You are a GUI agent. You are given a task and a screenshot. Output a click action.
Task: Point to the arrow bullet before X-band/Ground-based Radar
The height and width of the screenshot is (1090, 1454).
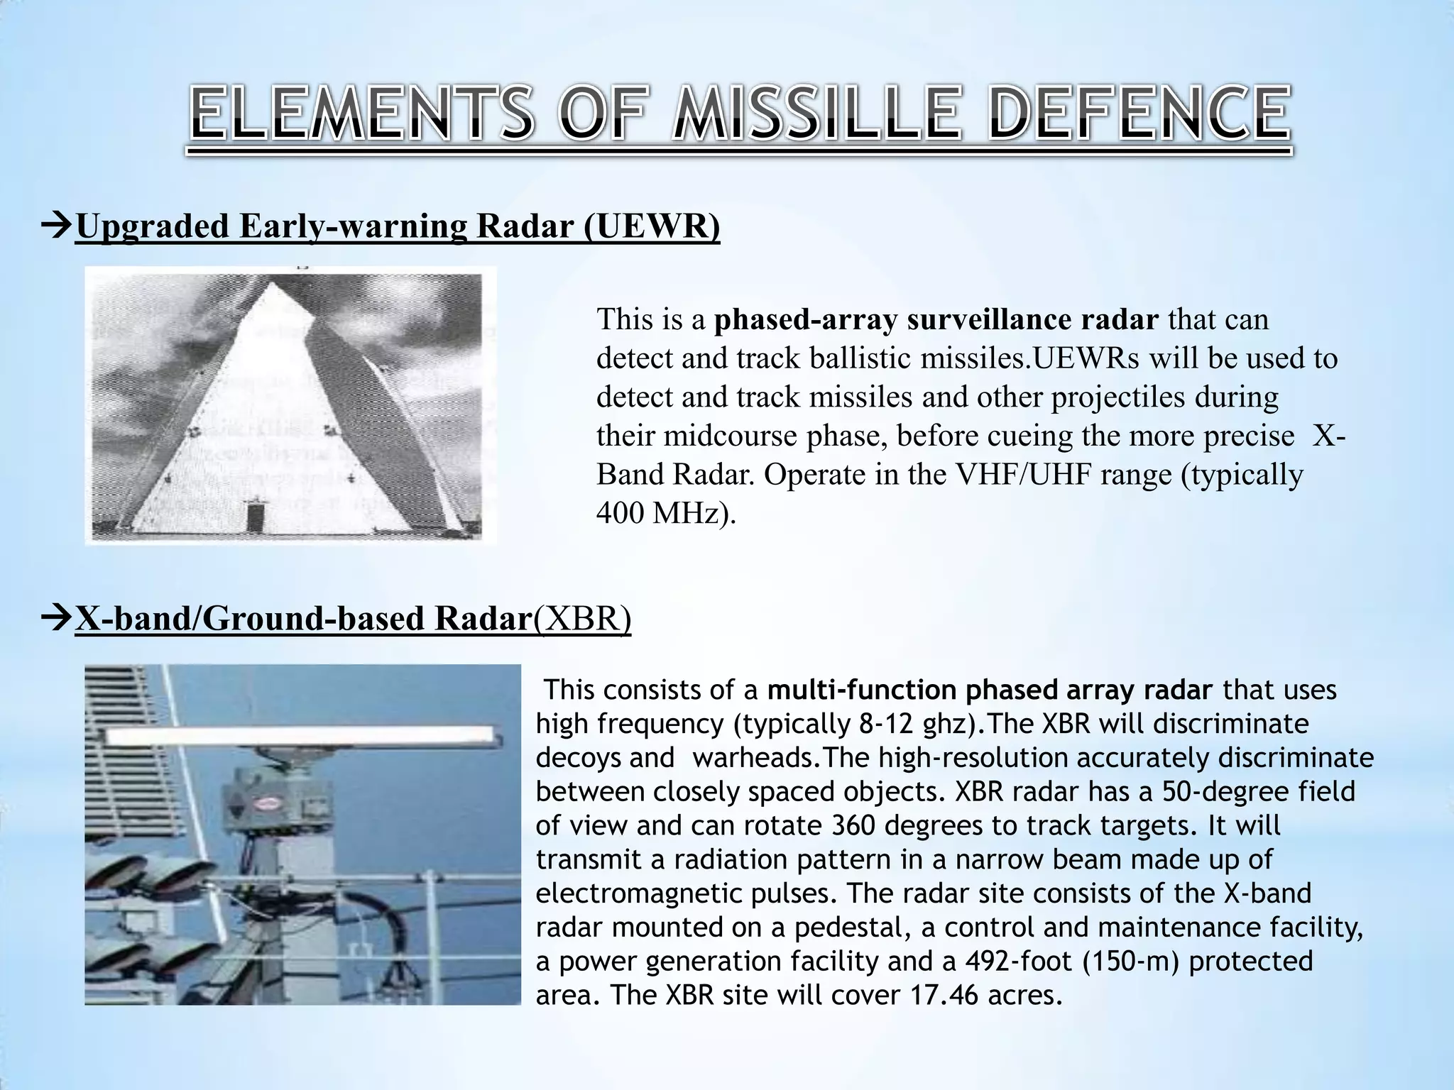57,619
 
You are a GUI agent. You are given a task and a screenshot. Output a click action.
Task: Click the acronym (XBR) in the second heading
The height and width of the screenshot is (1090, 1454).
581,619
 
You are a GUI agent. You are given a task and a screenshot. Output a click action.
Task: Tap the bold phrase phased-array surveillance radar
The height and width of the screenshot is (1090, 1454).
936,320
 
